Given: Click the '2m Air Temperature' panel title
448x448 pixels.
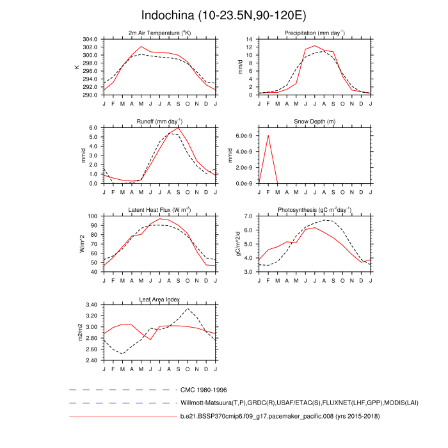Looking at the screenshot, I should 159,33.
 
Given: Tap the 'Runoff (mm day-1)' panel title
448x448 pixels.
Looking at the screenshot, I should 159,121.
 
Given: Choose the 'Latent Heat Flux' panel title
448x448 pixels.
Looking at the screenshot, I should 159,210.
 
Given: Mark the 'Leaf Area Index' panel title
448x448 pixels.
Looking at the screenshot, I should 159,299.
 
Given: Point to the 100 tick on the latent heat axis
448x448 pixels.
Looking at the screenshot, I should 92,216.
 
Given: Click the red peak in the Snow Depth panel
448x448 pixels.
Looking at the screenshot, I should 268,136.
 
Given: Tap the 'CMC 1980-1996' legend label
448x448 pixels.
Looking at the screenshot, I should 204,389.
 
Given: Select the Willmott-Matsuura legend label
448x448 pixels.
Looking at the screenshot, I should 276,403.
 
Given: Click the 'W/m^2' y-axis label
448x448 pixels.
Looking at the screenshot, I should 81,244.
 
